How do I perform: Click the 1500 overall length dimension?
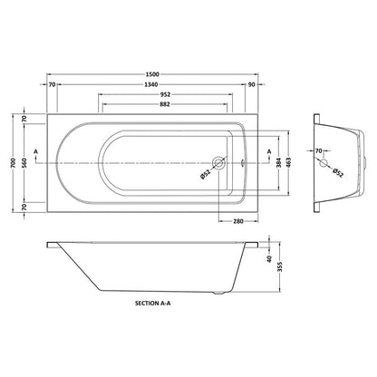point(152,74)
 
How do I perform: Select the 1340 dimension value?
point(150,84)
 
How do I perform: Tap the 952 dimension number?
point(166,94)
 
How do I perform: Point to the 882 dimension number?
point(165,104)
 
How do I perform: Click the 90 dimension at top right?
point(251,84)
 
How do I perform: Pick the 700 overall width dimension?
point(13,163)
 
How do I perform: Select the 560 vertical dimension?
point(24,163)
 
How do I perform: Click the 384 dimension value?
point(279,163)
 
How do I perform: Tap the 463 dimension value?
point(288,163)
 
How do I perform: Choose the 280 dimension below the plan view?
point(238,221)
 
